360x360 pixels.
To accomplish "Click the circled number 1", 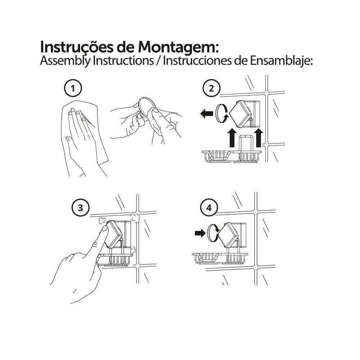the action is (x=73, y=89).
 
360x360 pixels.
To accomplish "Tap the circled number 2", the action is (x=211, y=89).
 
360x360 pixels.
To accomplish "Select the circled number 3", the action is (x=80, y=208).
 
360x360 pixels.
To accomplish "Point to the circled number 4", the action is (x=209, y=208).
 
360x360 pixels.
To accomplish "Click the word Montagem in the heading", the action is (x=177, y=48).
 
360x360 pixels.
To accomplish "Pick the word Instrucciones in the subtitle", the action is (x=197, y=60).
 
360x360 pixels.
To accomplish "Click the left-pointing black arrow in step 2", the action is (x=207, y=113).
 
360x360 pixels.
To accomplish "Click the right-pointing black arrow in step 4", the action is (x=200, y=233).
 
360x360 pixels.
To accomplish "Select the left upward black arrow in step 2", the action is (x=233, y=138).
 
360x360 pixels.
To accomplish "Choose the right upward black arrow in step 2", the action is (x=259, y=138).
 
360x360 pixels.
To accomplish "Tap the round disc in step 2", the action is (x=221, y=113).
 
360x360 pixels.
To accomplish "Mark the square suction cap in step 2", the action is (x=242, y=114).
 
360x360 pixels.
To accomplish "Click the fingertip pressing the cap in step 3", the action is (x=104, y=229).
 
